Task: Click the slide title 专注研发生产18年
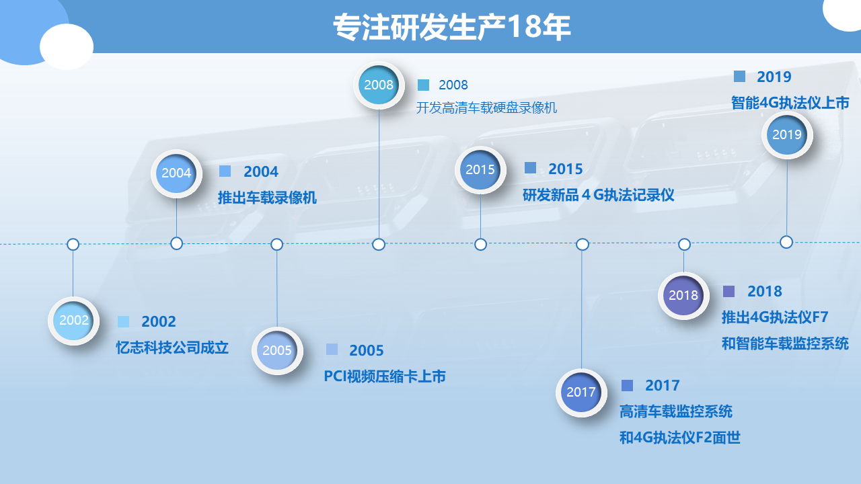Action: [x=451, y=27]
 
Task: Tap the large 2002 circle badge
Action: [x=74, y=321]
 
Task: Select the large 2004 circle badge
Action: [x=176, y=173]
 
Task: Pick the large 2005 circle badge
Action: [x=277, y=351]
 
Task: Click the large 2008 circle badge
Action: [x=379, y=85]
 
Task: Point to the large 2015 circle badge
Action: [x=480, y=170]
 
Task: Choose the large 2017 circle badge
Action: [x=581, y=393]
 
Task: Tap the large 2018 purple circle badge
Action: [x=683, y=295]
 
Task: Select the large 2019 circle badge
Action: [x=787, y=135]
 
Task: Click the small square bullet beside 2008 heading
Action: [x=423, y=85]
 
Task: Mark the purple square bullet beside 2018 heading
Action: [x=728, y=291]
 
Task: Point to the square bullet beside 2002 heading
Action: [x=123, y=321]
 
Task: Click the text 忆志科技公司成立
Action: [x=172, y=348]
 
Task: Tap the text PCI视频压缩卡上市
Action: [x=385, y=376]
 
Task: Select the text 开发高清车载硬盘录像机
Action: [x=486, y=108]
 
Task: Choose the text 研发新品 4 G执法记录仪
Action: [x=598, y=195]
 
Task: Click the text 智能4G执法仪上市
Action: [x=790, y=103]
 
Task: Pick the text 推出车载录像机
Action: [x=267, y=198]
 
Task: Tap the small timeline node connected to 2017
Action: [x=583, y=244]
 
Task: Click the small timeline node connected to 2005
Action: [x=276, y=244]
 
